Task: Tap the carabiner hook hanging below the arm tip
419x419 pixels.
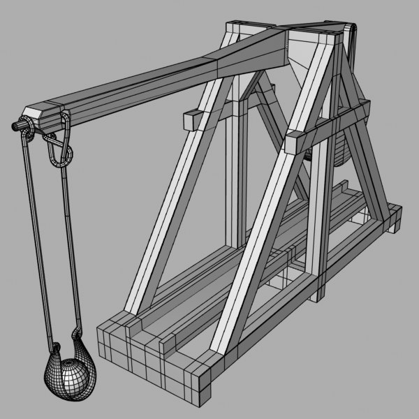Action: [x=59, y=148]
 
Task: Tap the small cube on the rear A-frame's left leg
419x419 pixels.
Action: [x=188, y=119]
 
